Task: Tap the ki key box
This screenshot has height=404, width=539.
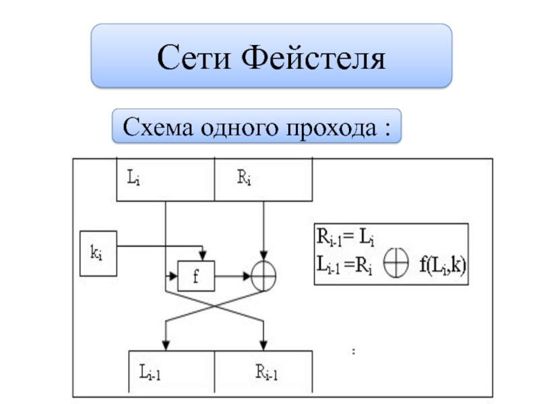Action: tap(98, 253)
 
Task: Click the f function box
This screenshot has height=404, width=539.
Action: tap(195, 275)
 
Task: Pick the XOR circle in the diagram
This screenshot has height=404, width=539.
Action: tap(263, 275)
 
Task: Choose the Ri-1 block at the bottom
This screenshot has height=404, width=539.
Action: tap(263, 372)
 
